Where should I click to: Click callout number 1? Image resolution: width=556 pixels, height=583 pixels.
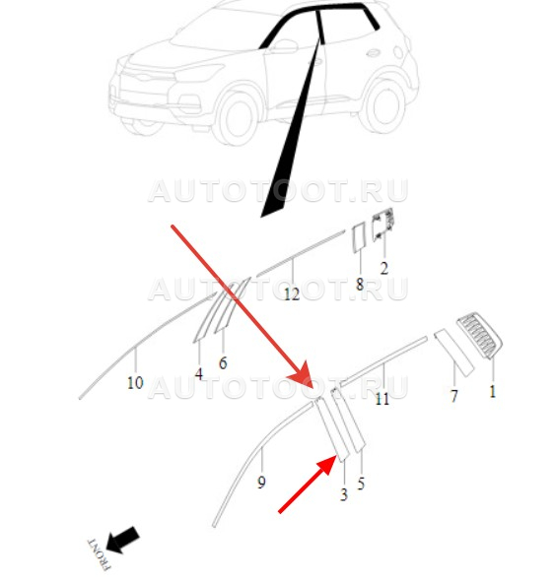pyautogui.click(x=492, y=392)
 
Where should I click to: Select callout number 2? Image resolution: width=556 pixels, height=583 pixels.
pyautogui.click(x=384, y=268)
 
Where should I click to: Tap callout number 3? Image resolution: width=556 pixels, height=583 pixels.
pyautogui.click(x=343, y=494)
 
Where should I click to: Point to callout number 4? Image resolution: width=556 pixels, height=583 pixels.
pyautogui.click(x=199, y=374)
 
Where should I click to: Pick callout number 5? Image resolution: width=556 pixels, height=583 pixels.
pyautogui.click(x=361, y=484)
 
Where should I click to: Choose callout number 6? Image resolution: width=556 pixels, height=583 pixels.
pyautogui.click(x=223, y=362)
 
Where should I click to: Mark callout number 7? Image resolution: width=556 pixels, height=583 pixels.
pyautogui.click(x=453, y=396)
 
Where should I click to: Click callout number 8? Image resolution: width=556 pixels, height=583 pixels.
pyautogui.click(x=360, y=285)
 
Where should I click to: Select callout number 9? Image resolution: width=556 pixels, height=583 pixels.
pyautogui.click(x=261, y=483)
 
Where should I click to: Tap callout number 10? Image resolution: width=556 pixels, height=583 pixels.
pyautogui.click(x=135, y=382)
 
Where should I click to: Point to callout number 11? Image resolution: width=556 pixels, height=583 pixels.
pyautogui.click(x=382, y=399)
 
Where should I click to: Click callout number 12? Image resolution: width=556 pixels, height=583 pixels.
pyautogui.click(x=292, y=294)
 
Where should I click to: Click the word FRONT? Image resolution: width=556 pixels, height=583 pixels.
pyautogui.click(x=99, y=554)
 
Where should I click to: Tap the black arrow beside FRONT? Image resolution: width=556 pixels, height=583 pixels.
pyautogui.click(x=123, y=540)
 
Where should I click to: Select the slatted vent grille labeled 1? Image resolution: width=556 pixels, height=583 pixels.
pyautogui.click(x=479, y=336)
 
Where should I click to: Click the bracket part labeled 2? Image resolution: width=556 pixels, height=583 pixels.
pyautogui.click(x=382, y=225)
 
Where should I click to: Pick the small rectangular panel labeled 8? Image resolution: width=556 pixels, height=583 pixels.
pyautogui.click(x=359, y=238)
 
